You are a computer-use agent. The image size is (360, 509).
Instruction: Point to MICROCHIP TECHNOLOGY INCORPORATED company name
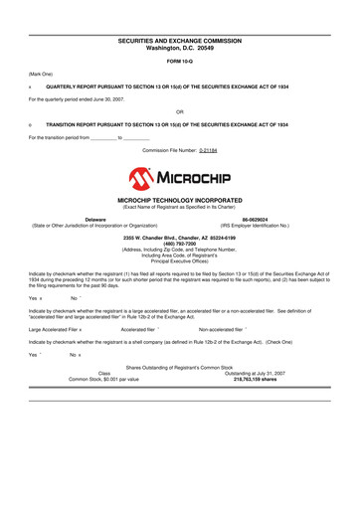click(180, 200)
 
